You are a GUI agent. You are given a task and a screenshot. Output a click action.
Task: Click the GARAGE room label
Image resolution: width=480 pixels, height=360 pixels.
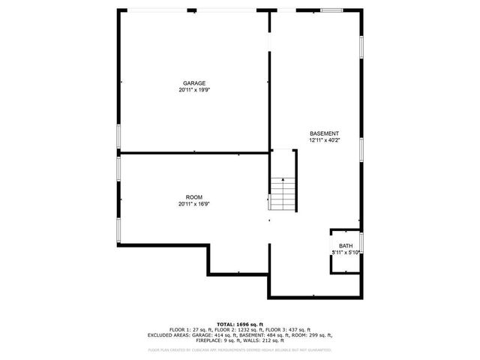[194, 83]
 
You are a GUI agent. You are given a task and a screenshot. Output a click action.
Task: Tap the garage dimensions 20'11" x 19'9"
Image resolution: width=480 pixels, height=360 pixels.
[194, 90]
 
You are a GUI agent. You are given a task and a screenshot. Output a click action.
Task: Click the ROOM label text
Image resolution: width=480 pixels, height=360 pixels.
[194, 197]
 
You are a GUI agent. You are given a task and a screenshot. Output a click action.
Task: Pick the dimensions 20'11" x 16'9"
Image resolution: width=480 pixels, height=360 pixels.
[194, 204]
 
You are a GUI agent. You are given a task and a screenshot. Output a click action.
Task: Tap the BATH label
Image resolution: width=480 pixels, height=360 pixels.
[345, 246]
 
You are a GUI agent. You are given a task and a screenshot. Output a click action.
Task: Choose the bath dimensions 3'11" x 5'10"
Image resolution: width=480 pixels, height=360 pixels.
[346, 253]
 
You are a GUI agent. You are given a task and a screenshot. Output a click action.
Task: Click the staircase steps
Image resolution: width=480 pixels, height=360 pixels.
[283, 196]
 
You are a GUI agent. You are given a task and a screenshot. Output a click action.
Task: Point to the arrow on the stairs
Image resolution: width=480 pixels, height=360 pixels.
[283, 180]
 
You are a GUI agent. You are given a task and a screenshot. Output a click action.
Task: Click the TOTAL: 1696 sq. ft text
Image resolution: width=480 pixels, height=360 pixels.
[239, 323]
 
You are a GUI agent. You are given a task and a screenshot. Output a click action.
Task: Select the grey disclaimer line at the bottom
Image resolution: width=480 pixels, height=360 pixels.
[239, 349]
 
